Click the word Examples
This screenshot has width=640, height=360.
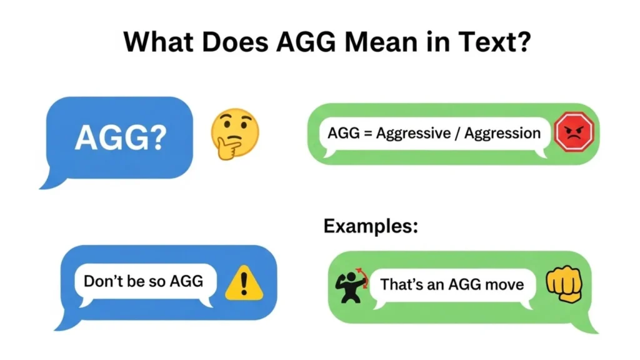click(371, 226)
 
